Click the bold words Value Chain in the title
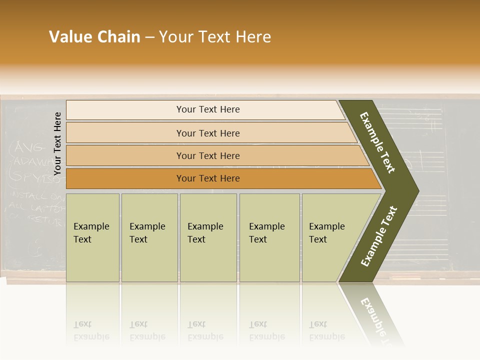pyautogui.click(x=94, y=37)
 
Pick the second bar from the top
pyautogui.click(x=208, y=133)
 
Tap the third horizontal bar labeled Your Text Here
pyautogui.click(x=208, y=155)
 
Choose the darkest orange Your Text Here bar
pyautogui.click(x=208, y=178)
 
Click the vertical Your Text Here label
pyautogui.click(x=57, y=143)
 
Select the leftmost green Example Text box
pyautogui.click(x=92, y=237)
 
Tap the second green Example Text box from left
pyautogui.click(x=149, y=237)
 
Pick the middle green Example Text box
pyautogui.click(x=208, y=237)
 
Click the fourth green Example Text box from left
pyautogui.click(x=269, y=237)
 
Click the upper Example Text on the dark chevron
pyautogui.click(x=377, y=142)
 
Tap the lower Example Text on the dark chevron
pyautogui.click(x=379, y=236)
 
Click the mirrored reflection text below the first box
pyautogui.click(x=91, y=330)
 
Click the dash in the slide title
pyautogui.click(x=149, y=37)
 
